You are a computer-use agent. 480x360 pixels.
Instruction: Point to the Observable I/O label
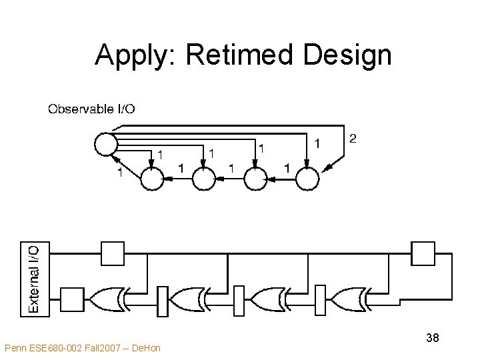tap(91, 109)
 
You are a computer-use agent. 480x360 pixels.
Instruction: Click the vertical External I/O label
tap(33, 277)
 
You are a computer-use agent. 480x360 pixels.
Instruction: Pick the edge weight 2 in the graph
tap(353, 139)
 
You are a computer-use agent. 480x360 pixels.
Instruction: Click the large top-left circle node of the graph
tap(105, 143)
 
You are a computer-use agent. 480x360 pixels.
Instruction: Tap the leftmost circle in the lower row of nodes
tap(153, 179)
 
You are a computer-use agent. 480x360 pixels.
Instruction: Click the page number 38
tap(432, 338)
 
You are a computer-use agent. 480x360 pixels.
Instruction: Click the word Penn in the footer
tap(15, 348)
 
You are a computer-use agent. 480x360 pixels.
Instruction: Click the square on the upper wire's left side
tap(112, 253)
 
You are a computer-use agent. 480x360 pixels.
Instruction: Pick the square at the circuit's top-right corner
tap(423, 253)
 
